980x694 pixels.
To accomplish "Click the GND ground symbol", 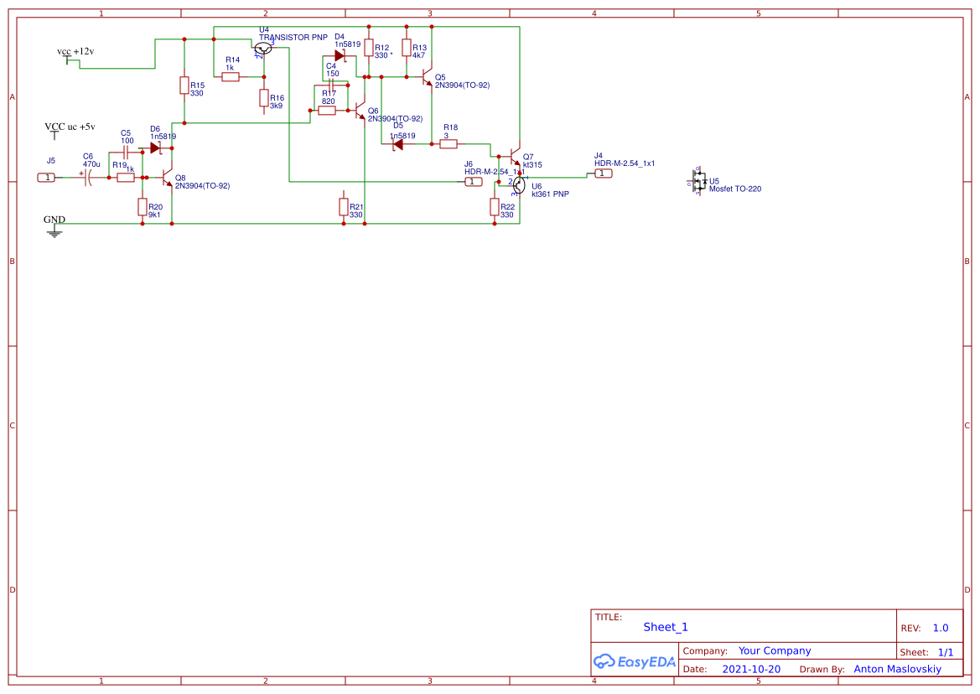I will click(x=54, y=230).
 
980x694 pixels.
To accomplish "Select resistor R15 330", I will click(x=184, y=85).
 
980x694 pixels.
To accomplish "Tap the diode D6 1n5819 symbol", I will click(x=155, y=147).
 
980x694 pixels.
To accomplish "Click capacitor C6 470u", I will click(x=86, y=177).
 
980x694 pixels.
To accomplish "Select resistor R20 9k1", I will click(x=142, y=206).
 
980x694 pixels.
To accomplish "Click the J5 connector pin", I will click(x=47, y=177).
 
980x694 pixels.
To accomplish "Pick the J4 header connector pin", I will click(x=603, y=173).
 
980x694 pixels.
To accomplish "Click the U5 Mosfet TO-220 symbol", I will click(x=697, y=182).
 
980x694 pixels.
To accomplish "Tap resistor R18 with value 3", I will click(x=449, y=144).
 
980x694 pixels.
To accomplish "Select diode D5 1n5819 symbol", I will click(x=398, y=144).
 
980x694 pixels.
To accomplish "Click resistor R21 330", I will click(x=343, y=206).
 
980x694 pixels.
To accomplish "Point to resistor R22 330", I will click(x=494, y=207).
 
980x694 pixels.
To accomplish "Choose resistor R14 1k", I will click(x=231, y=77).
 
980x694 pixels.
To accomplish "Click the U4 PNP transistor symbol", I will click(x=263, y=49).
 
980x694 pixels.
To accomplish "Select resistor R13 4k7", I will click(x=407, y=49).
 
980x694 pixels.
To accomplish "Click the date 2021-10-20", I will click(x=750, y=669).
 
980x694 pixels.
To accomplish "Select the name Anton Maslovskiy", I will click(x=897, y=669).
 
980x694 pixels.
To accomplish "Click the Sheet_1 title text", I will click(x=665, y=627).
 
